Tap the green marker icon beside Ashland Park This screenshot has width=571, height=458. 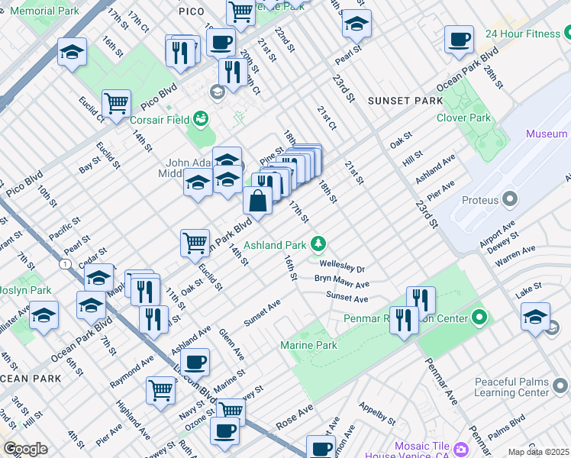point(319,245)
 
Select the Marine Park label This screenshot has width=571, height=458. point(309,346)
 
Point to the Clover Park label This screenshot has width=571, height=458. point(463,118)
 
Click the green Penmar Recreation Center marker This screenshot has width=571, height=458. point(479,316)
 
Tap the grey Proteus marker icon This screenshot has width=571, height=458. point(508,200)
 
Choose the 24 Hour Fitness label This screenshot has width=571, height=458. point(523,34)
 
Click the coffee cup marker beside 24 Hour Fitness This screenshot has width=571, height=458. point(459,40)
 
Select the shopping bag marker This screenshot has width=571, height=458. point(257,201)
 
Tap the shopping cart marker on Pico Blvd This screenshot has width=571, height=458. point(116,103)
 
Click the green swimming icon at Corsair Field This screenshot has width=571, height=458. point(201,118)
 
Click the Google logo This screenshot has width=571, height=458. point(25,449)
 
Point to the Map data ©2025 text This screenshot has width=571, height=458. point(538,452)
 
